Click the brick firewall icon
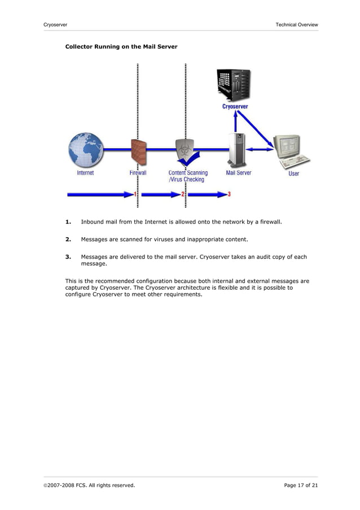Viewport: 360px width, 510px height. (138, 151)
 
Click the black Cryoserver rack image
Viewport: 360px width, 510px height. (234, 84)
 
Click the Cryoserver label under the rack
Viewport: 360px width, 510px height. (234, 106)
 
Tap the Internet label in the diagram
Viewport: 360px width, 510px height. (86, 173)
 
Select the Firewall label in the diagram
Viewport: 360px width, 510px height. (138, 173)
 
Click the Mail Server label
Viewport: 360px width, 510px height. (239, 173)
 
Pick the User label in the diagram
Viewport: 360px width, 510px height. (294, 173)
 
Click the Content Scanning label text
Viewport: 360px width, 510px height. (188, 173)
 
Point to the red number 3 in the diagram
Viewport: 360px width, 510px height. (229, 194)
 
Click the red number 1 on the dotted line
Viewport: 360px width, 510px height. (135, 194)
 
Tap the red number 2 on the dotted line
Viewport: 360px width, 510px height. (183, 194)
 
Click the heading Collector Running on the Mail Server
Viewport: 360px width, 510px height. (121, 46)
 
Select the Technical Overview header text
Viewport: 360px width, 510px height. (296, 24)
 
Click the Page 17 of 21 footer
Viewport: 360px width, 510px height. (301, 485)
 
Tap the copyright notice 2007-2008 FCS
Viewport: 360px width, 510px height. (89, 485)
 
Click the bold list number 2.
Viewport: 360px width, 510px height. (68, 239)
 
